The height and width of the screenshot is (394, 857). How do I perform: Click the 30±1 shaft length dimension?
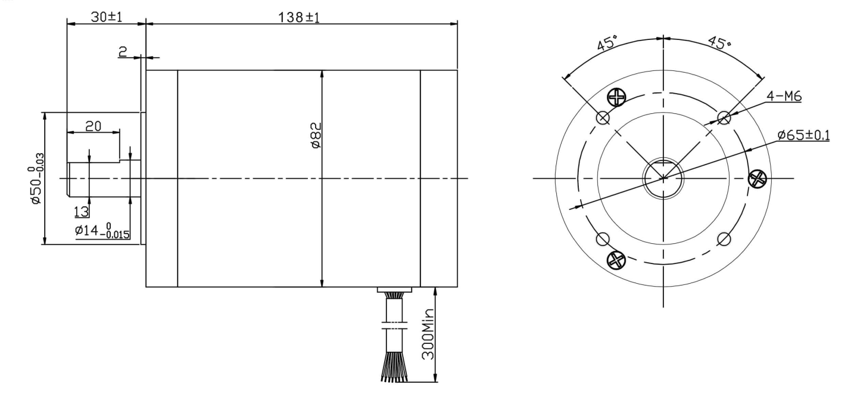106,17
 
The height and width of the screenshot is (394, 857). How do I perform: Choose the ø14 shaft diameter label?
102,231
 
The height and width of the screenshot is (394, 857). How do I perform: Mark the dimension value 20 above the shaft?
92,126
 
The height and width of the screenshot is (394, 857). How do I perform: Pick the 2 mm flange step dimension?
122,52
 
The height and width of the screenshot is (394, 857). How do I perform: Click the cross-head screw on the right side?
756,178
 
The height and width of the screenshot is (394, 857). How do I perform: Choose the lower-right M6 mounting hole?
724,240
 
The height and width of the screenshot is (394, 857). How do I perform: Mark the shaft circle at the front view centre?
663,178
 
